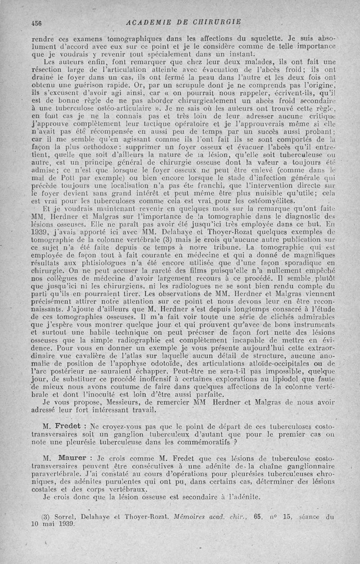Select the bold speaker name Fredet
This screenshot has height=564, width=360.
coord(68,425)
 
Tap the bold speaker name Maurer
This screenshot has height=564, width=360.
coord(68,458)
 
